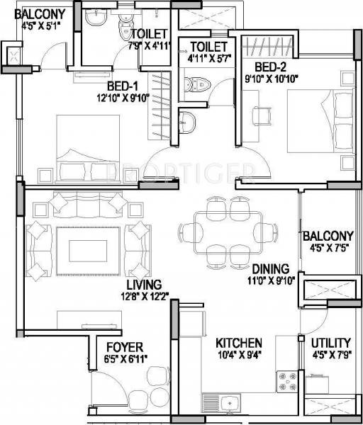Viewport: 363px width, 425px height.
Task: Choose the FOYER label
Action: tap(124, 347)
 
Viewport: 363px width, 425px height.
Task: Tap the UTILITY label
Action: tap(330, 343)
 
